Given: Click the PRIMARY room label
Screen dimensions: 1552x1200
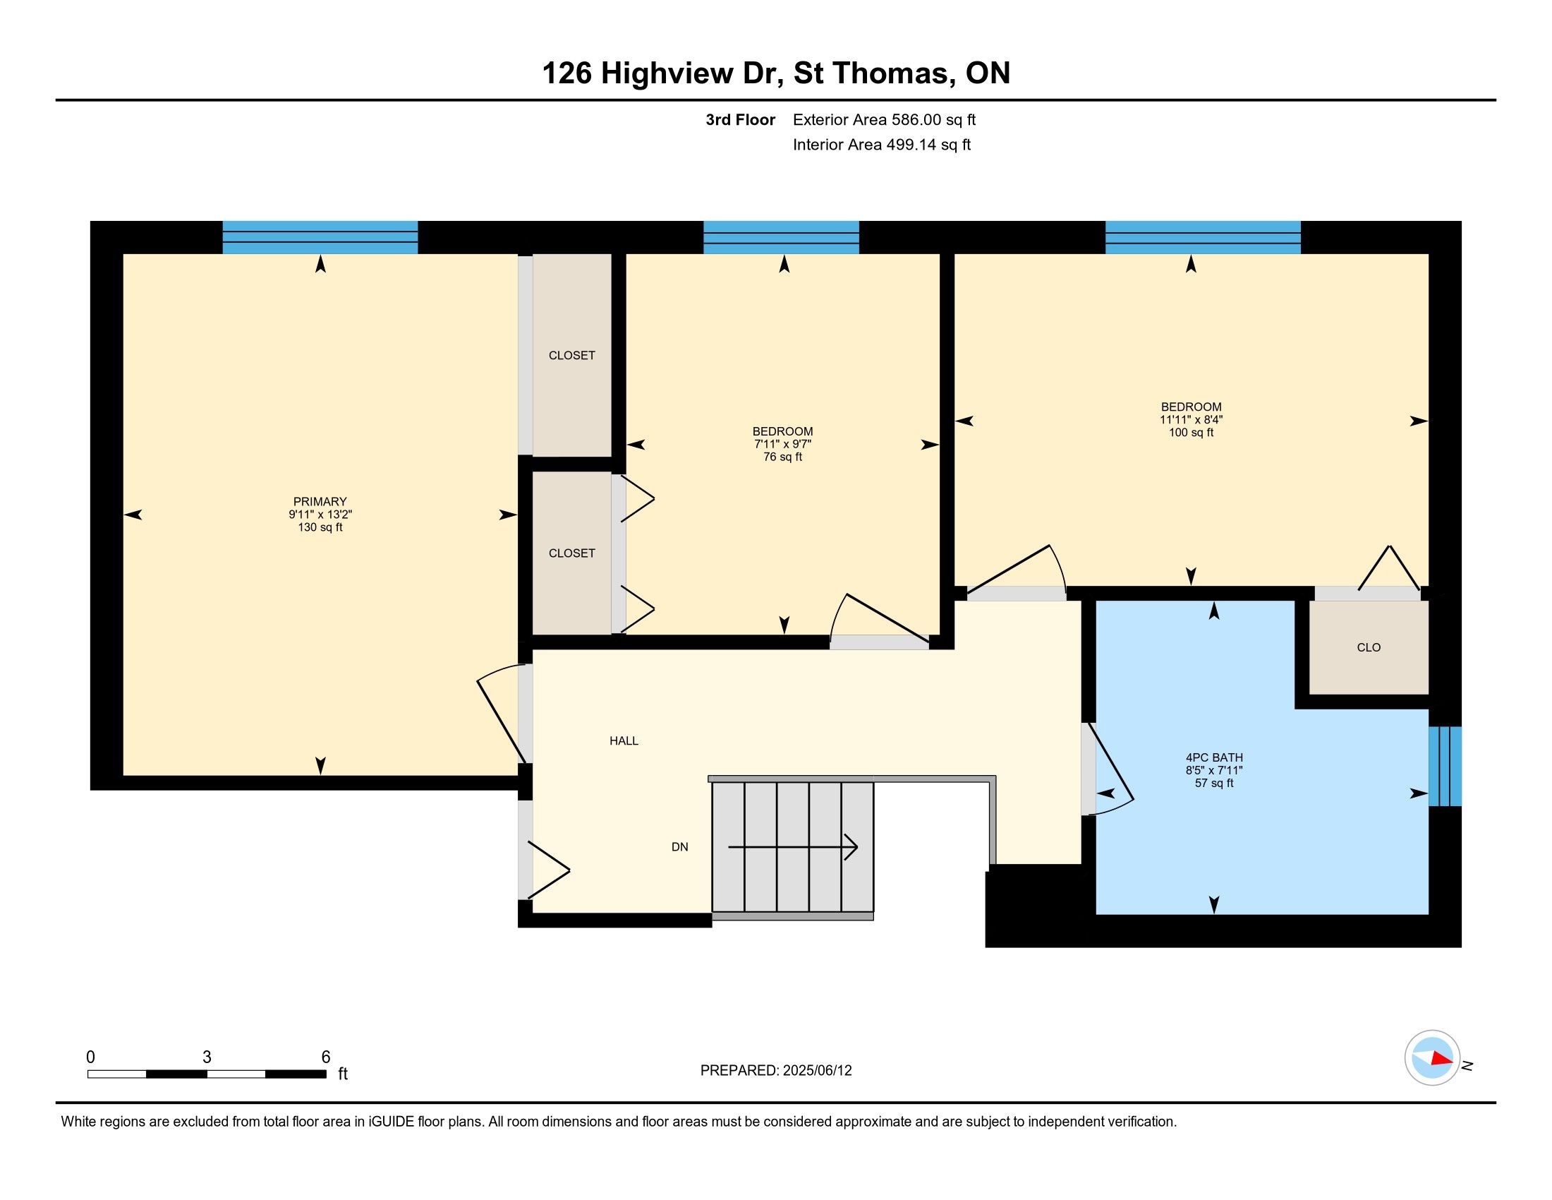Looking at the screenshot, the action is coord(320,501).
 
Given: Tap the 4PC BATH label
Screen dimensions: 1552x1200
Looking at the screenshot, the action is coord(1214,757).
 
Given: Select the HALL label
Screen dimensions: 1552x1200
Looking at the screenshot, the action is coord(624,740).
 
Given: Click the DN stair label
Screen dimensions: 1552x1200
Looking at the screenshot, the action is coord(680,846).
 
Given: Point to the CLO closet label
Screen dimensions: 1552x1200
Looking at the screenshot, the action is coord(1369,647).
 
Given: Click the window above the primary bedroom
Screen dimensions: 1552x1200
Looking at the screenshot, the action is coord(320,237).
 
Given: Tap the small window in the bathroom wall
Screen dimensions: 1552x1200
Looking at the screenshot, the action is coord(1445,767).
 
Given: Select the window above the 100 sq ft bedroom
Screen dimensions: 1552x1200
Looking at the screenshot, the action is coord(1203,237).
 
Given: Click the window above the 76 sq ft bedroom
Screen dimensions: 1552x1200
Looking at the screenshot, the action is coord(781,237).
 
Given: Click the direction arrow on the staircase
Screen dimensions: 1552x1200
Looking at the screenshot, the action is coord(793,847).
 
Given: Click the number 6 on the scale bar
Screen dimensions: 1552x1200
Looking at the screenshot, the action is coord(325,1057).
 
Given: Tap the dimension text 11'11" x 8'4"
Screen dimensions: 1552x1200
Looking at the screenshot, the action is coord(1192,419).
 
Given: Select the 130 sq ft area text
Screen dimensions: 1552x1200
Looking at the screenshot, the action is coord(320,527).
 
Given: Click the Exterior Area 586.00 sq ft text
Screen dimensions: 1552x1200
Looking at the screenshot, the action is coord(884,119).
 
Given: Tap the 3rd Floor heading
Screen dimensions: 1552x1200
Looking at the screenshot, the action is coord(740,119).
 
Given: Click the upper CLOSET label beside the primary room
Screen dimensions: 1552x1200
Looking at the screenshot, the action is coord(572,356).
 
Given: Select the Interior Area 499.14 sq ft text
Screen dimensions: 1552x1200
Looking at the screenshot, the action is coord(882,144).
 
